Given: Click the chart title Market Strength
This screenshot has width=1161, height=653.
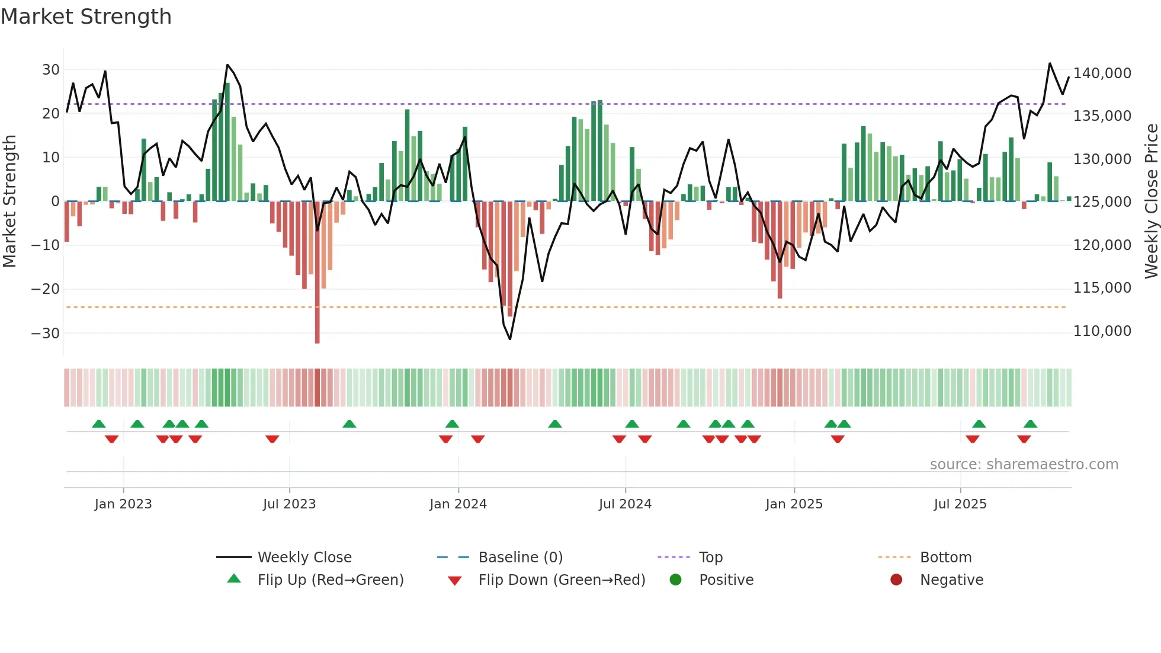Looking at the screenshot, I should coord(86,17).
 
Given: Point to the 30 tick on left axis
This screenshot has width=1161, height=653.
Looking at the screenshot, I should coord(51,70).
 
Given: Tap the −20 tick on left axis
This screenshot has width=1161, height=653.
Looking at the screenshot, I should coord(46,289).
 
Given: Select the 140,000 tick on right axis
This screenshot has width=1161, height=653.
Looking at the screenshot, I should coord(1102,73).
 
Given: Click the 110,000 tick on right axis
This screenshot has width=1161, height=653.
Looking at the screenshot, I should coord(1102,331).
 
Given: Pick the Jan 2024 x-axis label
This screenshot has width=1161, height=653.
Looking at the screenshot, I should coord(458,504).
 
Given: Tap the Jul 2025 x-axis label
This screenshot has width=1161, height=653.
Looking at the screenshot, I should coord(960,504).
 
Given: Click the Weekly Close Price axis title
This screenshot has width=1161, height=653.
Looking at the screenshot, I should coord(1151,201).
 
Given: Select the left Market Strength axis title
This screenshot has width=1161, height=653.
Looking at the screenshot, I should coord(9,201).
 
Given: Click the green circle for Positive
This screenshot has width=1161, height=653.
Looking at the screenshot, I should coord(675,580).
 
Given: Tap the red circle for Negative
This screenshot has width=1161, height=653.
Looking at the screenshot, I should coord(896,580).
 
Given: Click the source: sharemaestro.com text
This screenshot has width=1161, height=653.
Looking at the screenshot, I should coord(1024,465).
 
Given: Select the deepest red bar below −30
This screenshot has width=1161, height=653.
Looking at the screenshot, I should coord(317,332).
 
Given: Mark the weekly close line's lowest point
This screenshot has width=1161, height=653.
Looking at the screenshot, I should coord(510,339).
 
